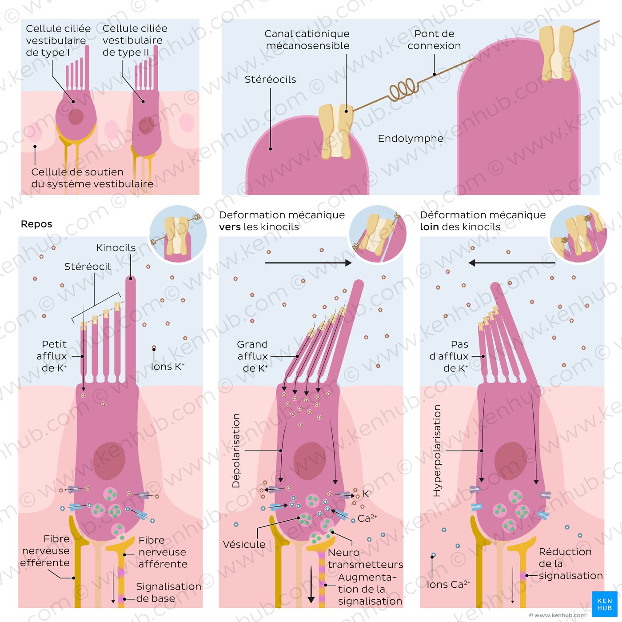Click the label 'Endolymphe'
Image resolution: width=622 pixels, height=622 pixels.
(x=410, y=139)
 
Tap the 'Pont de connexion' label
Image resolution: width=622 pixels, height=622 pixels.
(x=434, y=40)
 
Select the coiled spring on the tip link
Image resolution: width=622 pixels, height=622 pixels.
(x=403, y=89)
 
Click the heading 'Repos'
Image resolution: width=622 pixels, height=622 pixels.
(x=36, y=223)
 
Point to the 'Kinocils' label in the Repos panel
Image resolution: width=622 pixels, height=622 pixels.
(x=116, y=247)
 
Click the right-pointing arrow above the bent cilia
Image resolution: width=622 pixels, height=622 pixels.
(x=308, y=263)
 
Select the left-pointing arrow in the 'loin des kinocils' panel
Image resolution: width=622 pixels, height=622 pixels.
(x=512, y=263)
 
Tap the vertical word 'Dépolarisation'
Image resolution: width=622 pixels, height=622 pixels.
(x=236, y=451)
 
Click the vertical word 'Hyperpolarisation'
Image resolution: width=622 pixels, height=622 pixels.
(x=437, y=451)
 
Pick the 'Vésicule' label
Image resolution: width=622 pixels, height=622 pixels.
(x=244, y=544)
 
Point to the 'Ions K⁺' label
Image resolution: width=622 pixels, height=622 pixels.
(x=167, y=367)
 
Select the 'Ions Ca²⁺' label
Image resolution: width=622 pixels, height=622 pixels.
(x=448, y=584)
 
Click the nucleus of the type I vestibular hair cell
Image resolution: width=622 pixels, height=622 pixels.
(x=76, y=117)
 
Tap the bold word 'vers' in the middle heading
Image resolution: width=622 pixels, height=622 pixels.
(x=230, y=227)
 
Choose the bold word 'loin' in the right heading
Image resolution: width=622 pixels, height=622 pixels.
(x=429, y=227)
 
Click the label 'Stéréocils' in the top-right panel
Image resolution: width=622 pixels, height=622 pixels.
(x=270, y=80)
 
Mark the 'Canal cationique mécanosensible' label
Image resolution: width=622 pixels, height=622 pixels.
(x=307, y=40)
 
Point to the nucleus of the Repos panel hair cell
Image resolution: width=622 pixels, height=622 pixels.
(x=109, y=461)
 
